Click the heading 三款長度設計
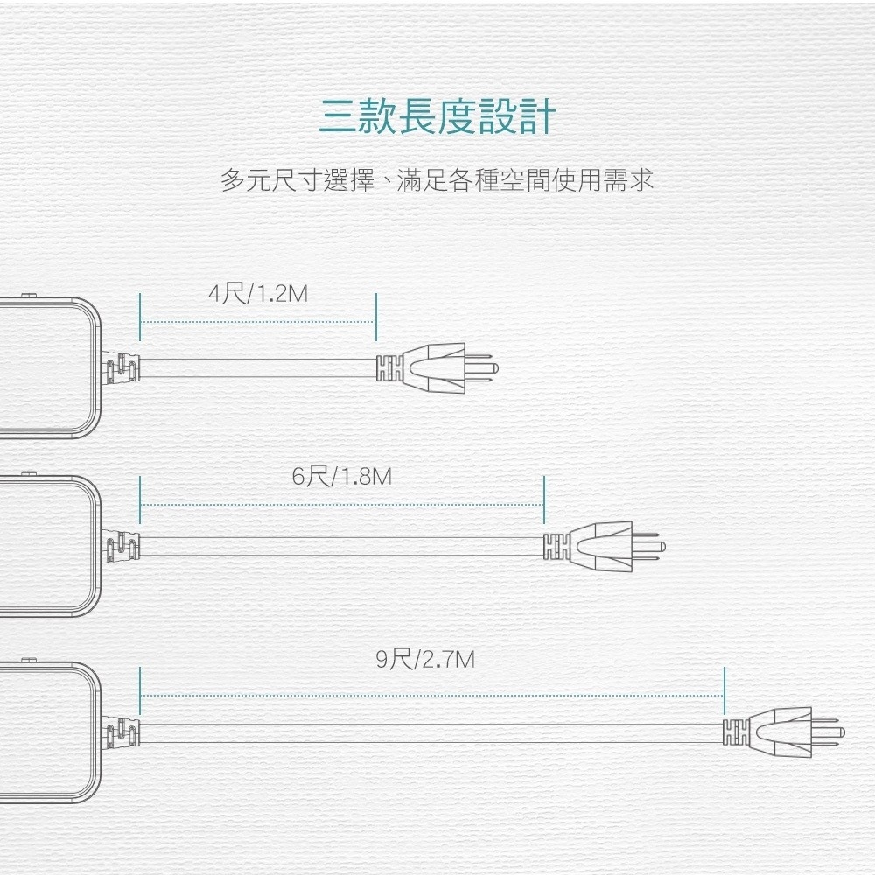click(437, 116)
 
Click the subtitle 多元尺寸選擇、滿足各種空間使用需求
click(437, 181)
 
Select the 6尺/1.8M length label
click(342, 477)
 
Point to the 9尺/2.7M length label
click(426, 658)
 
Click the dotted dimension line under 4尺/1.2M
click(258, 322)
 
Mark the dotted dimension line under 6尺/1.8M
click(342, 505)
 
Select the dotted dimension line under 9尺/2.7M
click(432, 696)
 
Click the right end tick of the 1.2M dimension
click(376, 317)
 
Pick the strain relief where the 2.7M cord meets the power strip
click(122, 731)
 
